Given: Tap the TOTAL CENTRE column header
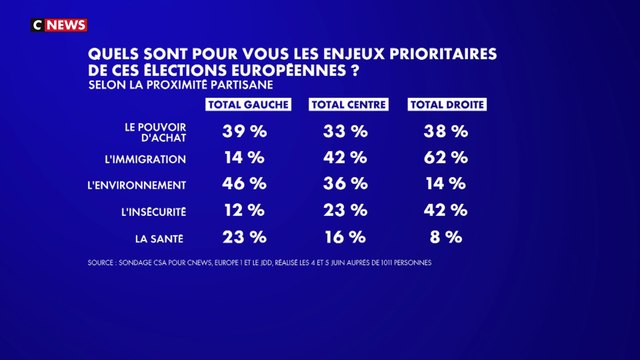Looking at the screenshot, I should coord(339,105).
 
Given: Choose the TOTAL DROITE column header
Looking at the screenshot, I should coord(440,105).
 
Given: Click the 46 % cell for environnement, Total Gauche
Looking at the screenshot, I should coord(241,184).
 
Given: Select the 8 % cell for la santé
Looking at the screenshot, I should coord(444,237).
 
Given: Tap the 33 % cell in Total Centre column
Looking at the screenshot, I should coord(343,131).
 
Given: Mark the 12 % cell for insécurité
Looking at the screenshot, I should coord(241,210).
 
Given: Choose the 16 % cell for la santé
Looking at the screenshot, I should coord(343,237).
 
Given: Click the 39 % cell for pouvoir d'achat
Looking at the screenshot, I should coord(241,131).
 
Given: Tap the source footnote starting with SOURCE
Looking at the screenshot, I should coord(284,265).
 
